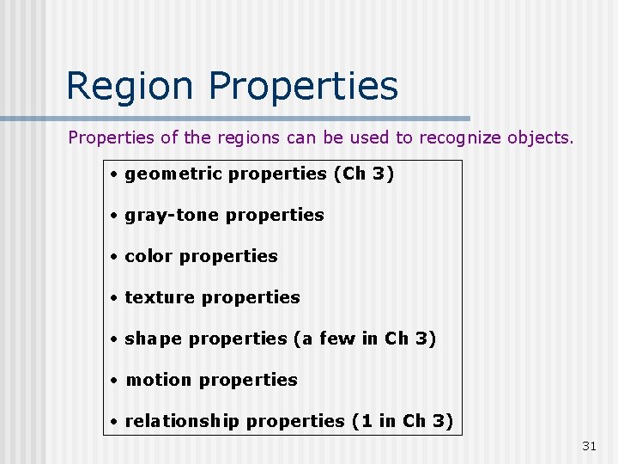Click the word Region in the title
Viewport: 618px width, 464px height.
tap(131, 86)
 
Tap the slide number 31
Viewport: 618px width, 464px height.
tap(589, 445)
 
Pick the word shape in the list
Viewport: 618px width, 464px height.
tap(154, 339)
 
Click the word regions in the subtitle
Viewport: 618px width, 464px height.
tap(245, 137)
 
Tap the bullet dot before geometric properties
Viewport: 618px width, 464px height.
tap(113, 174)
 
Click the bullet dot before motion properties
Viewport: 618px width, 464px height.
tap(113, 381)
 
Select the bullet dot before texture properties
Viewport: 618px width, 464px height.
tap(113, 298)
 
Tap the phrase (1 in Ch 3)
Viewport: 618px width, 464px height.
tap(402, 421)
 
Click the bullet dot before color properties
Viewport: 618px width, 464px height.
tap(113, 257)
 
